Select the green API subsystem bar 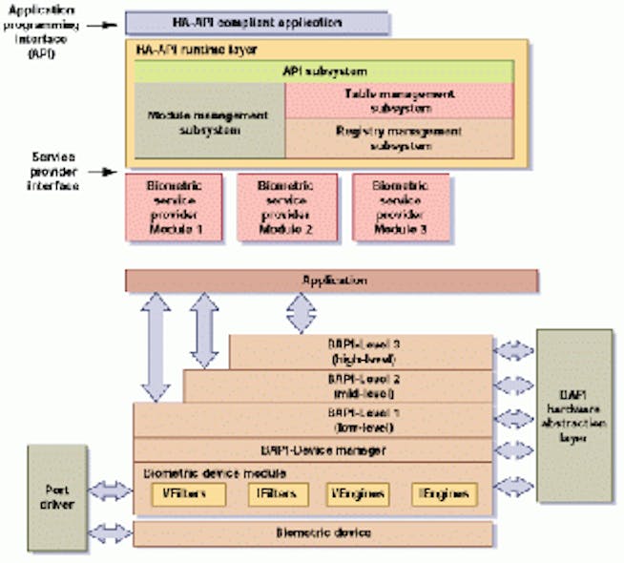pos(325,72)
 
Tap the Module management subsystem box pos(210,121)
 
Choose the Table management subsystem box pos(399,100)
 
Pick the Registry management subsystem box pos(399,139)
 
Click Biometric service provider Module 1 pos(174,206)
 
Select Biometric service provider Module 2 pos(285,206)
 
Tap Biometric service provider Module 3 pos(400,206)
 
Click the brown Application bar pos(332,281)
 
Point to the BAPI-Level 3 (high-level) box pos(361,351)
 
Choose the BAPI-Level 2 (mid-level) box pos(338,386)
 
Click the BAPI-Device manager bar pos(312,448)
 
